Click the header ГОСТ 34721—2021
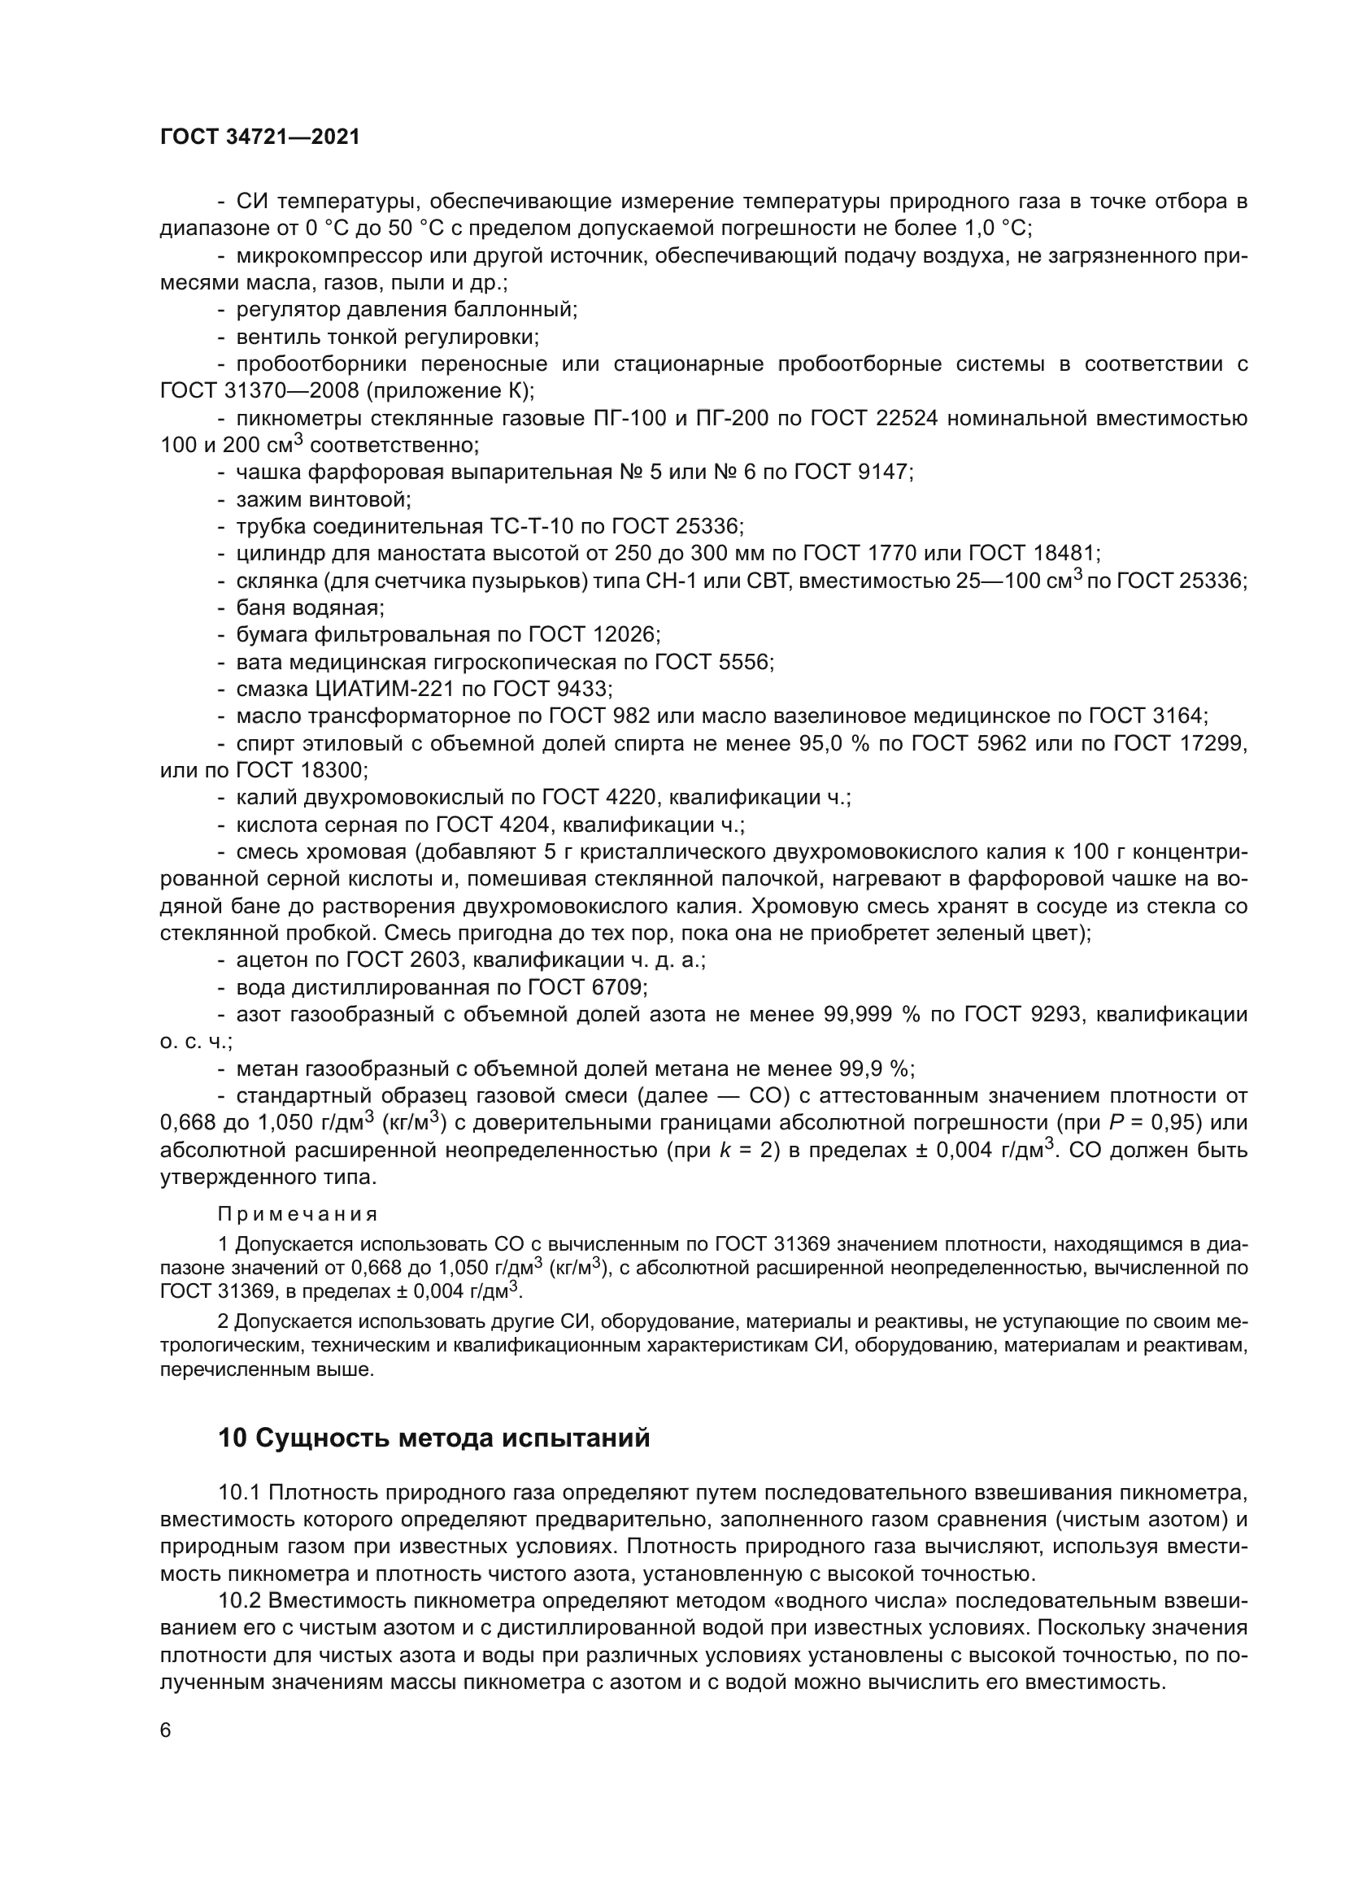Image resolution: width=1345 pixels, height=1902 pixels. click(259, 137)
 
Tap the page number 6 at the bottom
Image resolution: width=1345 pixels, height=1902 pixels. click(166, 1730)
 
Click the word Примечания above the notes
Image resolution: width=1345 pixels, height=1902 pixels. click(298, 1213)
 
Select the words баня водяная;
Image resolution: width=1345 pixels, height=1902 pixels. click(310, 607)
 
